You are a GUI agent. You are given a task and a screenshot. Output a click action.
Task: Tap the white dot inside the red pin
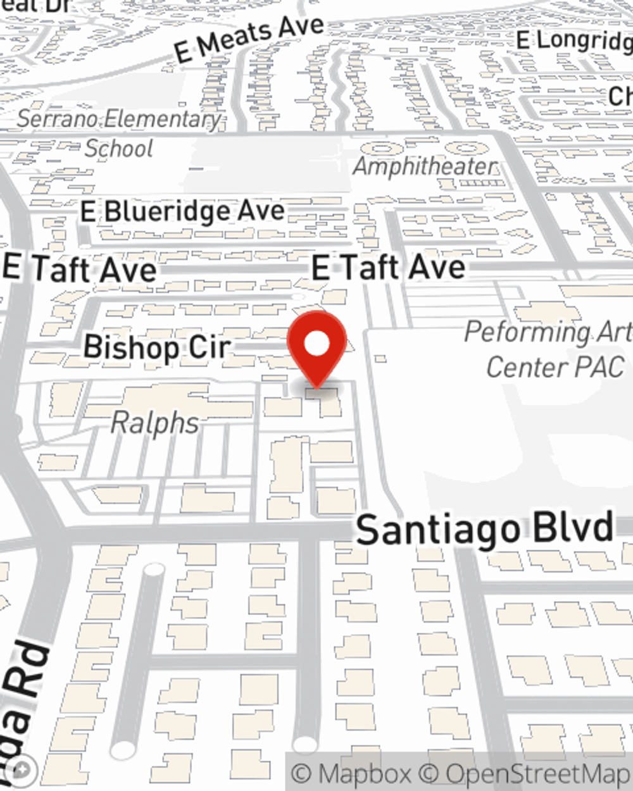tap(317, 344)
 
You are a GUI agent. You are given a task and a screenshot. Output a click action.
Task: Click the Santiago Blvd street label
tap(484, 529)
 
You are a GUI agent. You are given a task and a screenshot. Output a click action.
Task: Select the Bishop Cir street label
tap(157, 347)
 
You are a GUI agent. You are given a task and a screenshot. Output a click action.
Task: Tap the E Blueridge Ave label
tap(182, 211)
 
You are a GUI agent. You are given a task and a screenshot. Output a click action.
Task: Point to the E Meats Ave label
tap(249, 39)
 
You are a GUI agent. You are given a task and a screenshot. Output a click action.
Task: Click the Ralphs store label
tap(154, 423)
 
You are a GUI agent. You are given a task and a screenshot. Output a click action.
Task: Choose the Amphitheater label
tap(425, 166)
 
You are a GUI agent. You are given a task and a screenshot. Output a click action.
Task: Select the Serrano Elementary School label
tap(119, 133)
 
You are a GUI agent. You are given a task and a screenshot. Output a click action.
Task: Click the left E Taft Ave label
tap(80, 269)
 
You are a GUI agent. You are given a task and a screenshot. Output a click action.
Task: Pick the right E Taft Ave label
tap(389, 267)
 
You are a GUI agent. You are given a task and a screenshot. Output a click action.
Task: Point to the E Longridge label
tap(573, 40)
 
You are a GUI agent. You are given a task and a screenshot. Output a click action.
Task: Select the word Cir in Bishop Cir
tap(209, 347)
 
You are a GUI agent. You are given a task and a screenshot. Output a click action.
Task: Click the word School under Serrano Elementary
tap(119, 149)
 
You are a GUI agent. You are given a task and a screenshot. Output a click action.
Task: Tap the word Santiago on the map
tap(437, 530)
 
